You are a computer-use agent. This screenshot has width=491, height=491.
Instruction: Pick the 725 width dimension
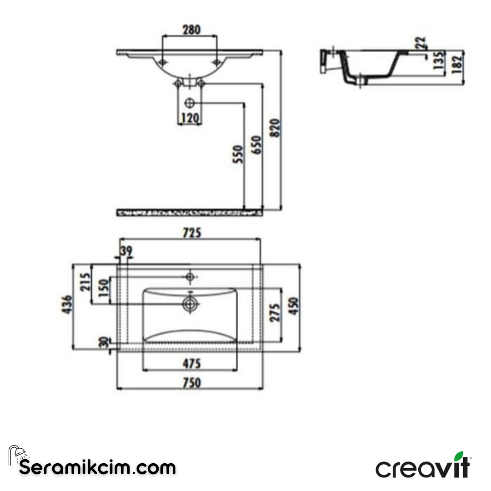coord(191,233)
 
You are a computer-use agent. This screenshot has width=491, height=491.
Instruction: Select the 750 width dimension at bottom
coord(191,383)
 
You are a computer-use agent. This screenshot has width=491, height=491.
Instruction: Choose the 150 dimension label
coord(104,290)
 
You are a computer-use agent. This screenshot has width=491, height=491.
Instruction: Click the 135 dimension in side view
coord(438,61)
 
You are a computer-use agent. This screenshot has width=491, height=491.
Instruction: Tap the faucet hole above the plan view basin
coord(190,276)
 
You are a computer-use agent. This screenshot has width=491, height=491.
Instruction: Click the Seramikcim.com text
coord(97,467)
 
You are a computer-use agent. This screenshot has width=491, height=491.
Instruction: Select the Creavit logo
coord(423,466)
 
